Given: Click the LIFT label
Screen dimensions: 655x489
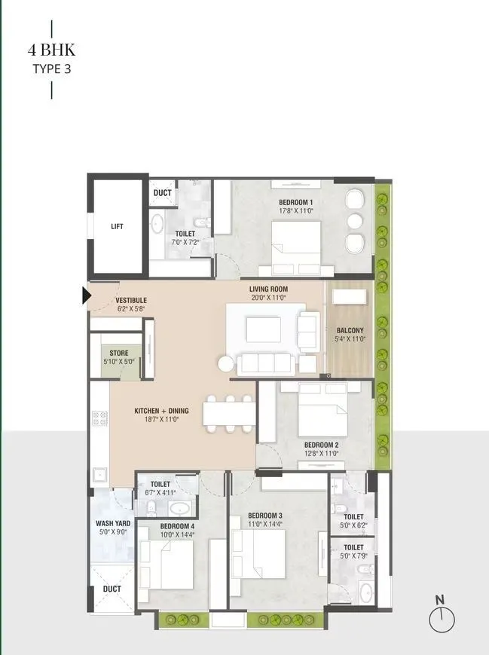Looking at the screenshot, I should tap(116, 226).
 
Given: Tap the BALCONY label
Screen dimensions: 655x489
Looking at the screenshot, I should tap(350, 330).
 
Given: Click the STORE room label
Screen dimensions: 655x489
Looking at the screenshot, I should tap(119, 353).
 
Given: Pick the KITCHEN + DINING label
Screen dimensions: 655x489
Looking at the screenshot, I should tap(161, 411).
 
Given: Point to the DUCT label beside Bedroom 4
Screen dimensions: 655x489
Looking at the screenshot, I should tap(112, 589).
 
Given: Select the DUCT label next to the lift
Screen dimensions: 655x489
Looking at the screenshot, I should tap(163, 193).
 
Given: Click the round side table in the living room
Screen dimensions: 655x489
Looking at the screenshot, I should tap(227, 364).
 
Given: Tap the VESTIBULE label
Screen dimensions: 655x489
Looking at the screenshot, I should tap(131, 300).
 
